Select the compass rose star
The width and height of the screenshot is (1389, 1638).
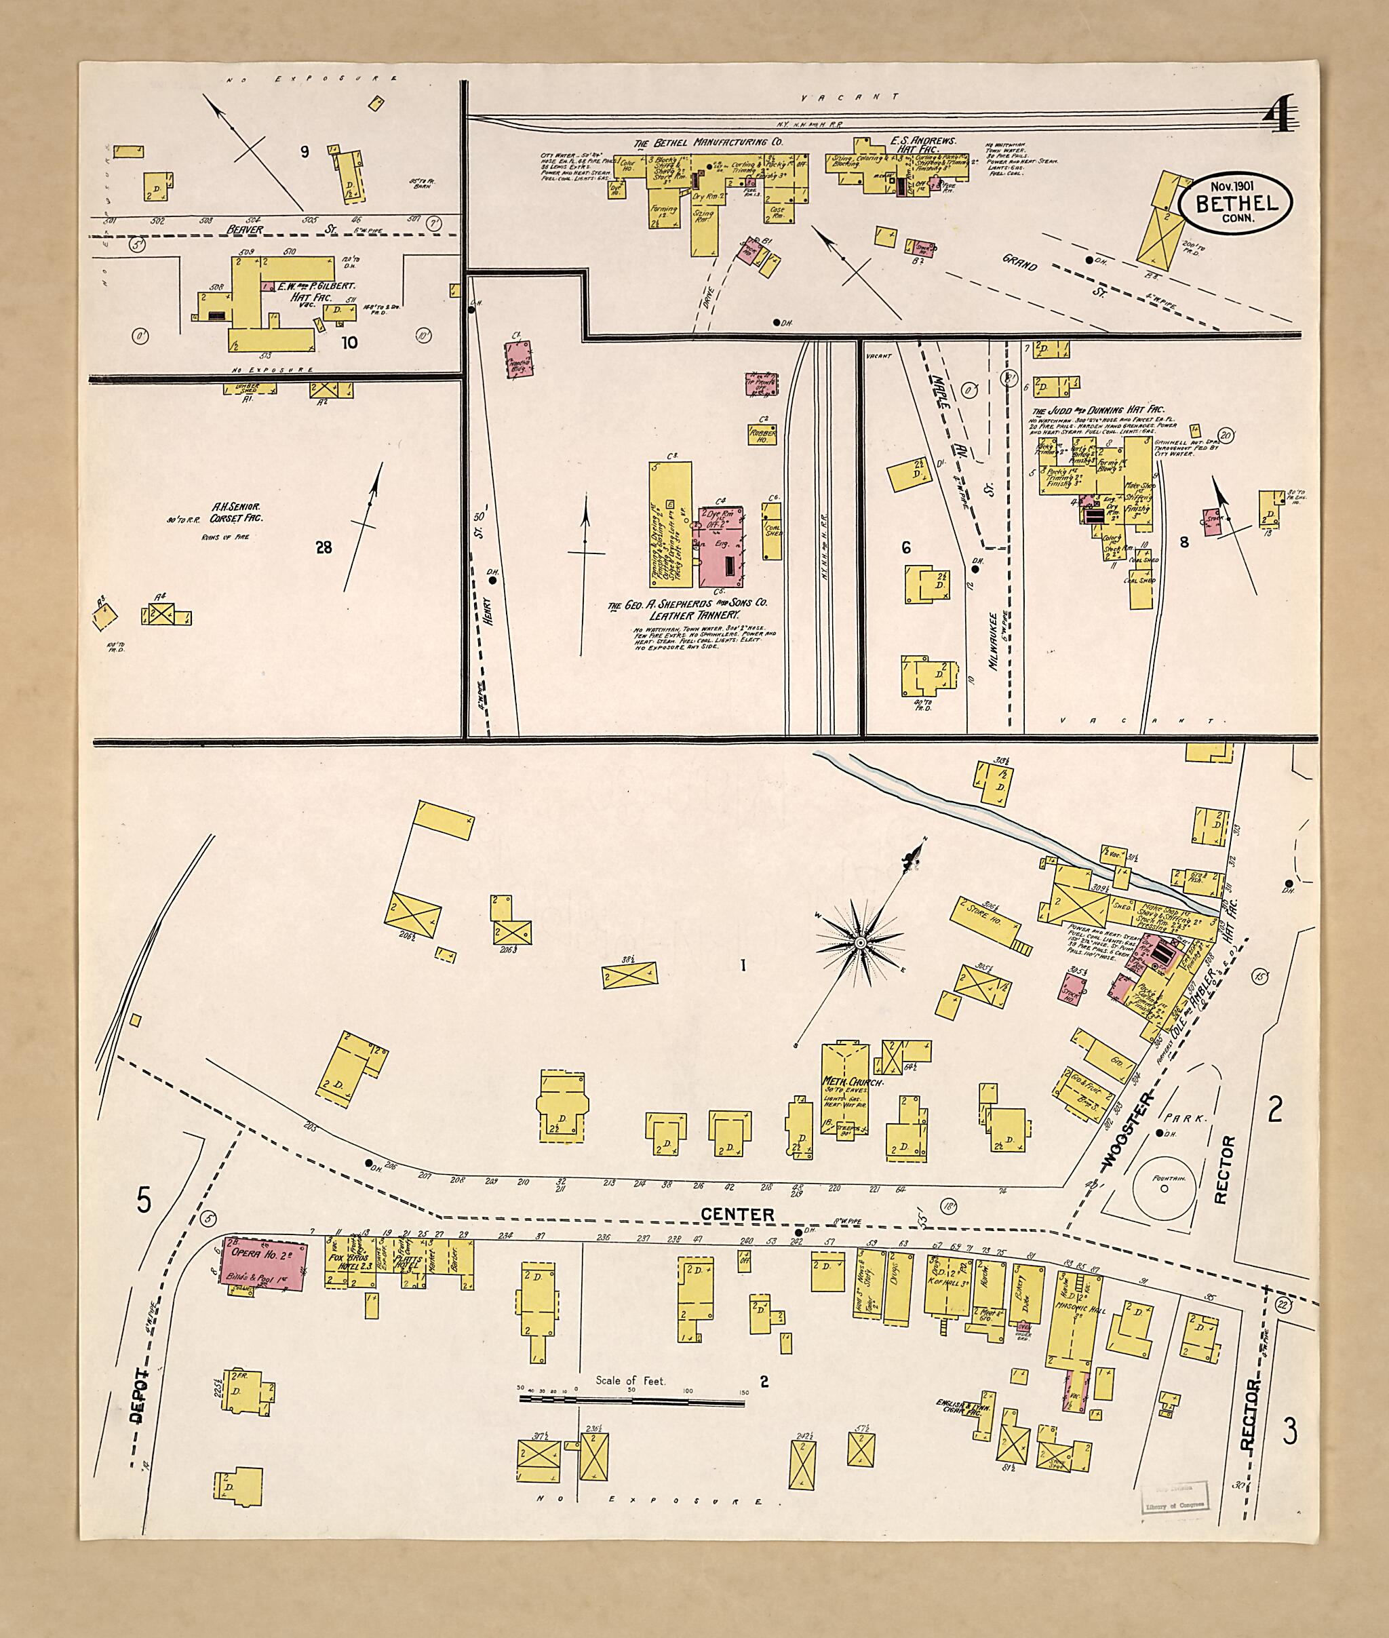point(860,942)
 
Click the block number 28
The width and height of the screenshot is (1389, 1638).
point(324,547)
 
